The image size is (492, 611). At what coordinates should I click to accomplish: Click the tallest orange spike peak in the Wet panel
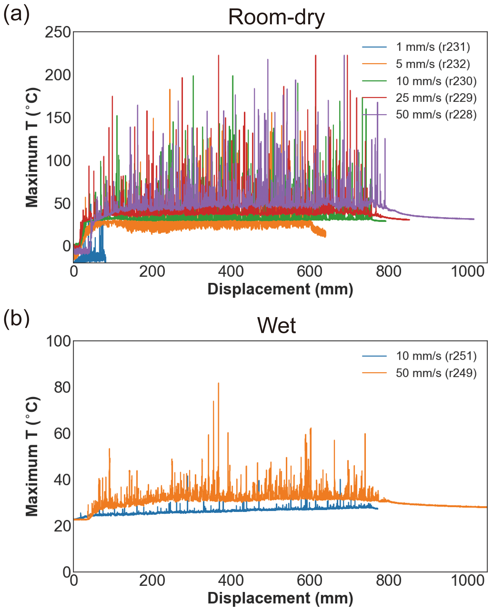pos(218,383)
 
